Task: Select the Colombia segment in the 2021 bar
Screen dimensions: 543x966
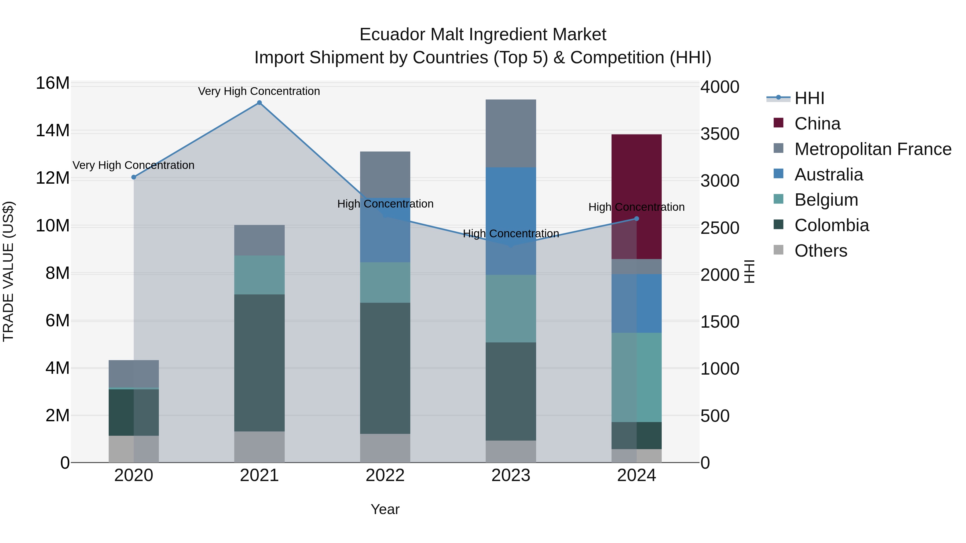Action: tap(259, 363)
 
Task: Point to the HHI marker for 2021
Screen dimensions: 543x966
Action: tap(259, 103)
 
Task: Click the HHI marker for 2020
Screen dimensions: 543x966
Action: tap(134, 177)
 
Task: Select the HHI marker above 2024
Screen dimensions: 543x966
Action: tap(636, 219)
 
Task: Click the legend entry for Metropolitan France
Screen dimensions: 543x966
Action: tap(873, 149)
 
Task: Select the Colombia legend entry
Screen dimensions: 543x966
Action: tap(831, 225)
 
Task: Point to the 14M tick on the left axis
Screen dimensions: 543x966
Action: tap(53, 131)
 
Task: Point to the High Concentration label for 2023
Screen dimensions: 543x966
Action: tap(511, 234)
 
